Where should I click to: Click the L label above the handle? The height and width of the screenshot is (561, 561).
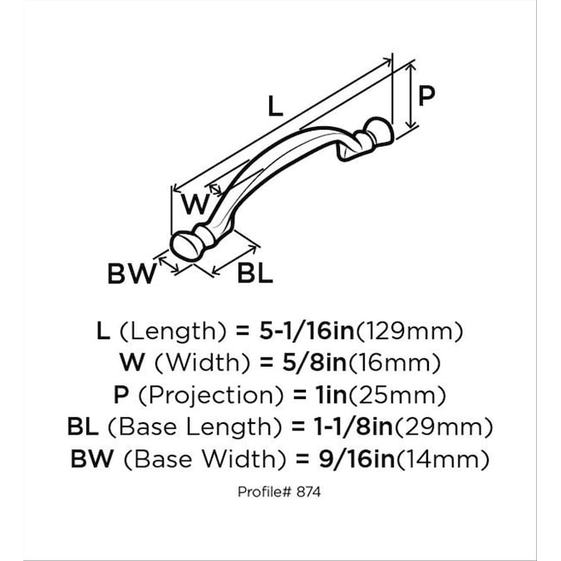coord(275,106)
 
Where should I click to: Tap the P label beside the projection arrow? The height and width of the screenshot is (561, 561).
coord(427,96)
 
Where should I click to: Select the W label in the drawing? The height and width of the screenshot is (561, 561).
coord(195,204)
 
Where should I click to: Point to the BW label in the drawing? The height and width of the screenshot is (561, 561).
coord(132,273)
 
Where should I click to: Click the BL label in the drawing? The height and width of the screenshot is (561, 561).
coord(255,273)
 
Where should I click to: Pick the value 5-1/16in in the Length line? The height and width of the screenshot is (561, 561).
coord(307,331)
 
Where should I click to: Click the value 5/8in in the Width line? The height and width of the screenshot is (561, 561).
coord(314,363)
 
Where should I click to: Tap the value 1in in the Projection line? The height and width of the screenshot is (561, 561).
coord(331,395)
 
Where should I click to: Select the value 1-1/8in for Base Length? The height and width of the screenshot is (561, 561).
coord(353,427)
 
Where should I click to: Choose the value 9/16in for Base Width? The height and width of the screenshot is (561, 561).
coord(357,459)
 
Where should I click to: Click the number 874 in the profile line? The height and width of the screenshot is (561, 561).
coord(309,492)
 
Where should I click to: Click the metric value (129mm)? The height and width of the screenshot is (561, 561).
coord(409,332)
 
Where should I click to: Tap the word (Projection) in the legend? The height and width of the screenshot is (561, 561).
coord(211,396)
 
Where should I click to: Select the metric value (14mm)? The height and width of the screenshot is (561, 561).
coord(443,460)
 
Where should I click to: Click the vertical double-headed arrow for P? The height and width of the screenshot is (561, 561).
coord(411,96)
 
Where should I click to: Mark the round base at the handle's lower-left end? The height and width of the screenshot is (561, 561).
coord(186,246)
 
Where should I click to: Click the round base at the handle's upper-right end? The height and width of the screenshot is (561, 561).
coord(379,131)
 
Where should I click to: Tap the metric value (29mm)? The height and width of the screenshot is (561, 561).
coord(443,427)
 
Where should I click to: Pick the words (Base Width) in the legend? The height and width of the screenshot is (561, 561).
coord(204,460)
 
